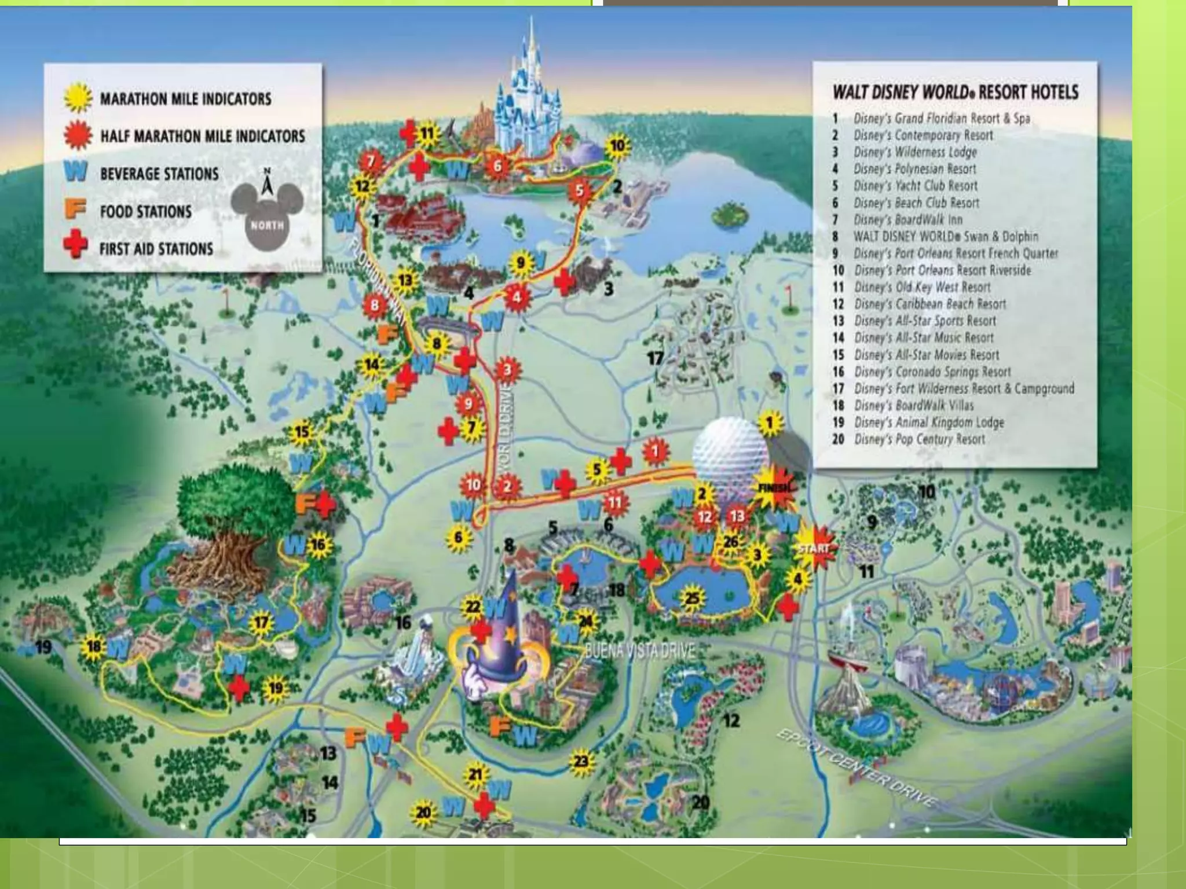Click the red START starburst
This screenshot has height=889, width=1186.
click(814, 548)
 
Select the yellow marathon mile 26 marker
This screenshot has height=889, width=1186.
click(731, 542)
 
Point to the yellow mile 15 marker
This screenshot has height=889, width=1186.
click(302, 432)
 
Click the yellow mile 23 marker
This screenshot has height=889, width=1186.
click(581, 761)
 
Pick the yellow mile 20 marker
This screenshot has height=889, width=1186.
click(423, 812)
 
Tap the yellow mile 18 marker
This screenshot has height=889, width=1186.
click(94, 646)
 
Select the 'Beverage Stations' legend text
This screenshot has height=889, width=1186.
click(159, 174)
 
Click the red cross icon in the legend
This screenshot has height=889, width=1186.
click(75, 245)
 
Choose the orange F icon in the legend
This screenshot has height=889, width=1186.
click(75, 208)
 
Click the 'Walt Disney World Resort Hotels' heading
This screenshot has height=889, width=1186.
click(956, 92)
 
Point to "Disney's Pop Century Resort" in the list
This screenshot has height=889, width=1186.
click(920, 439)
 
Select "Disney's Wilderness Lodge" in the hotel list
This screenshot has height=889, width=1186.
click(915, 152)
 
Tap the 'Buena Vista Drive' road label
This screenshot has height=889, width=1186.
click(639, 651)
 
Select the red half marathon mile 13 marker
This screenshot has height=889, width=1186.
click(737, 516)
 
